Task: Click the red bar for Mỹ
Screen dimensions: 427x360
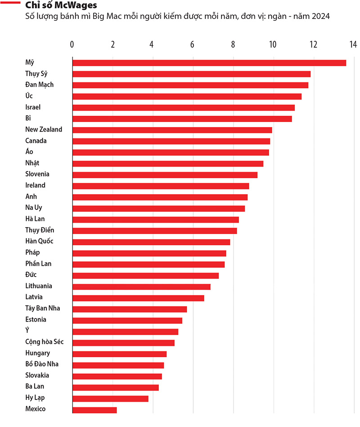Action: click(209, 63)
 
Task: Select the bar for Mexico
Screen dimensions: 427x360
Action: click(94, 410)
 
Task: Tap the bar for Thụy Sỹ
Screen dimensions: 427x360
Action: click(191, 74)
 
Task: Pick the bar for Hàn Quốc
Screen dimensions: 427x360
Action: click(151, 242)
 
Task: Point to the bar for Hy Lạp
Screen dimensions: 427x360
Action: click(110, 399)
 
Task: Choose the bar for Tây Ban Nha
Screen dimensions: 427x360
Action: click(130, 309)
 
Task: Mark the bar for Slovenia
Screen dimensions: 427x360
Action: click(165, 175)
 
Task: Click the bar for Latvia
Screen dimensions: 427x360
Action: click(138, 298)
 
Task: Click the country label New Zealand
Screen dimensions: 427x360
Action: click(44, 129)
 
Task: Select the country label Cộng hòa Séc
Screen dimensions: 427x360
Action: click(44, 342)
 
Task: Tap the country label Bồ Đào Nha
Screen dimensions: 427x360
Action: click(41, 364)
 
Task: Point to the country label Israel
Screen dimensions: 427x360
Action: click(33, 107)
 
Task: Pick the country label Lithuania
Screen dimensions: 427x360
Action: click(38, 286)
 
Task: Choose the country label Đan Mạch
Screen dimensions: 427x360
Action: click(40, 85)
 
